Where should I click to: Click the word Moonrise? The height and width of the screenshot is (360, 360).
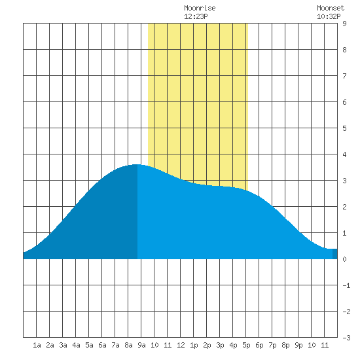pyautogui.click(x=200, y=9)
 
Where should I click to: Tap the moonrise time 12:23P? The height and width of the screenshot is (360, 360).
pyautogui.click(x=196, y=16)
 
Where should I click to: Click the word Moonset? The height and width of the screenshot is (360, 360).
pyautogui.click(x=331, y=9)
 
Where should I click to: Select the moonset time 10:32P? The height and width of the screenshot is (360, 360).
pyautogui.click(x=329, y=16)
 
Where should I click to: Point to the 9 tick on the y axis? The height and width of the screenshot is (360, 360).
pyautogui.click(x=344, y=24)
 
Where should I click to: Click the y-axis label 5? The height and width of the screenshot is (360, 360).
pyautogui.click(x=344, y=128)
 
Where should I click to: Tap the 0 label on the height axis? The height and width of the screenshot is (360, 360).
pyautogui.click(x=344, y=259)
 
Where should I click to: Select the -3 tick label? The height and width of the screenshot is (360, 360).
pyautogui.click(x=346, y=338)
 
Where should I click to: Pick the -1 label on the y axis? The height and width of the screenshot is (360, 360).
pyautogui.click(x=346, y=285)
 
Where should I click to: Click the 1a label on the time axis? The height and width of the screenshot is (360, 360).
pyautogui.click(x=37, y=345)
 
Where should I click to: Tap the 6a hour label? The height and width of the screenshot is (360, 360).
pyautogui.click(x=102, y=345)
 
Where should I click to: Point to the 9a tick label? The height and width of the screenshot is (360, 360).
pyautogui.click(x=141, y=345)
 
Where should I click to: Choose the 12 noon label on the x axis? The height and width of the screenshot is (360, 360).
pyautogui.click(x=181, y=345)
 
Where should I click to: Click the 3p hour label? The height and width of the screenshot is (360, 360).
pyautogui.click(x=220, y=345)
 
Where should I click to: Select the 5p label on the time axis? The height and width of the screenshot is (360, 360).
pyautogui.click(x=246, y=345)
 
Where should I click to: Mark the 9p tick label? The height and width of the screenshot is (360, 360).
pyautogui.click(x=298, y=345)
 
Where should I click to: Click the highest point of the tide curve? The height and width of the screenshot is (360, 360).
pyautogui.click(x=137, y=164)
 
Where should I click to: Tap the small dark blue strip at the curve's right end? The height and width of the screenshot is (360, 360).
pyautogui.click(x=335, y=254)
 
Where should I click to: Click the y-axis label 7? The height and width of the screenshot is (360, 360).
pyautogui.click(x=344, y=76)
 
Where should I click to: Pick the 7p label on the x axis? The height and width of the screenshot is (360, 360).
pyautogui.click(x=272, y=345)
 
